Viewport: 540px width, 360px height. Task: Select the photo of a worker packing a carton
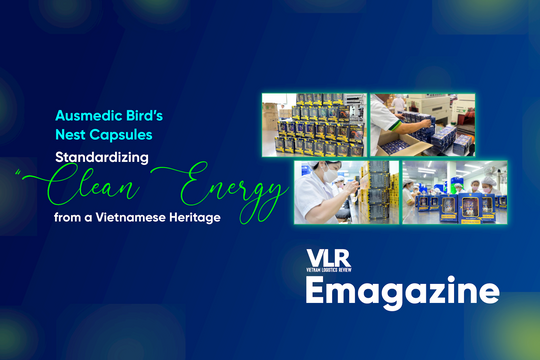(x=423, y=125)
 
